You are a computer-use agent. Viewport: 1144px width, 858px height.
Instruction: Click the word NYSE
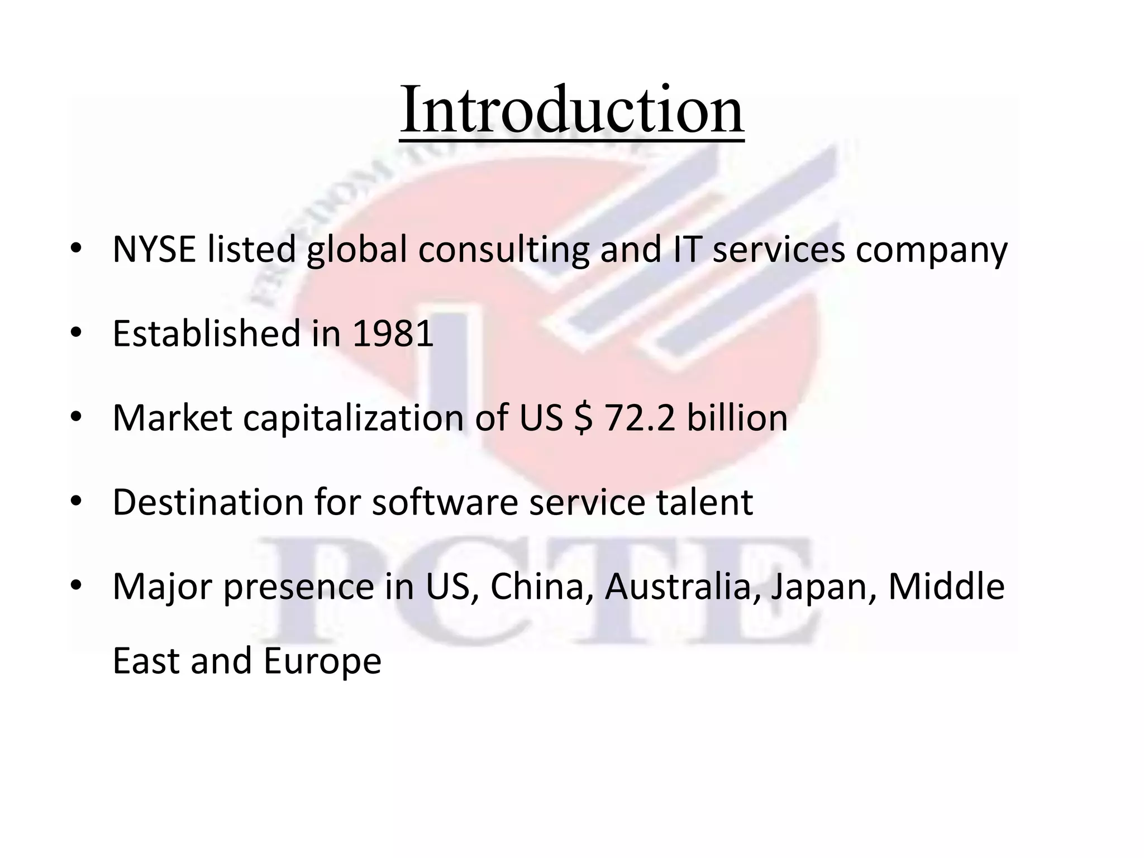click(x=154, y=249)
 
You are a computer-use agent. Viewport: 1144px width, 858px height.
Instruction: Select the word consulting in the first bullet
click(x=503, y=250)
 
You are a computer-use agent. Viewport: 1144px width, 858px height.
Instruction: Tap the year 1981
click(x=393, y=333)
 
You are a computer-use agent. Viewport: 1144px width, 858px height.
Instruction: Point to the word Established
click(x=206, y=333)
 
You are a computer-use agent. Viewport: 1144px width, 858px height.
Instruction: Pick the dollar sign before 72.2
click(x=583, y=418)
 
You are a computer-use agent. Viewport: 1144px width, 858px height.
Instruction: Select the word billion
click(x=737, y=418)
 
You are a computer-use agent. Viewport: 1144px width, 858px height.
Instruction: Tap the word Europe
click(x=322, y=661)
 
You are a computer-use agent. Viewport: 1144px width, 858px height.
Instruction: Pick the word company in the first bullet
click(x=932, y=250)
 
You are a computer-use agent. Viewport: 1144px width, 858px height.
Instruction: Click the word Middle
click(x=946, y=587)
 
